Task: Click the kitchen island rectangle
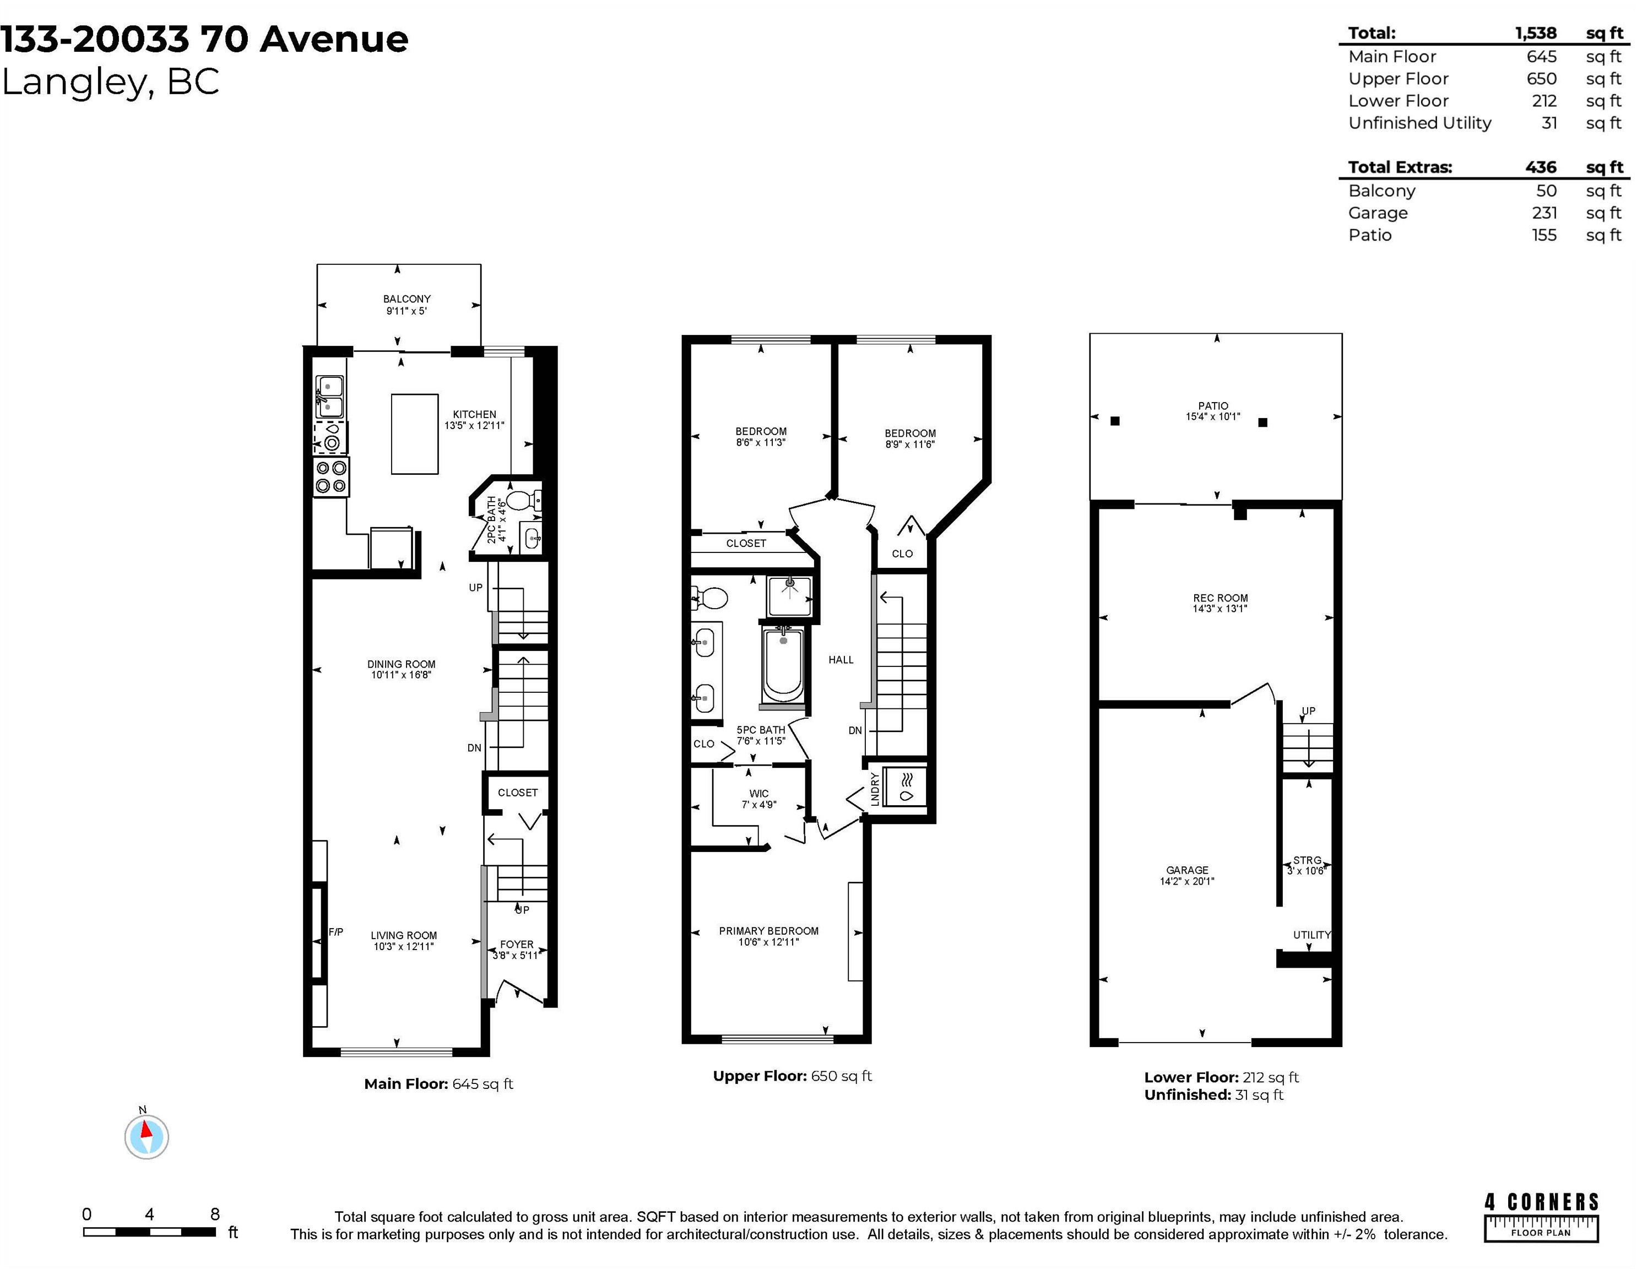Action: tap(414, 434)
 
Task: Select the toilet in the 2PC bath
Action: tap(523, 500)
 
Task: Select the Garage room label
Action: tap(1187, 870)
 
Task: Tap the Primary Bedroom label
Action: tap(768, 931)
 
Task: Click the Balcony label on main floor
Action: tap(407, 299)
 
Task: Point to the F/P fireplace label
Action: tap(336, 932)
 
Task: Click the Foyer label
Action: tap(517, 944)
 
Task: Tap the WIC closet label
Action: tap(758, 793)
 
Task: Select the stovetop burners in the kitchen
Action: tap(331, 476)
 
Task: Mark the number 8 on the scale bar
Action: tap(215, 1214)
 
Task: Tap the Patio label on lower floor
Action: tap(1213, 405)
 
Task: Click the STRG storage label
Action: tap(1307, 860)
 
